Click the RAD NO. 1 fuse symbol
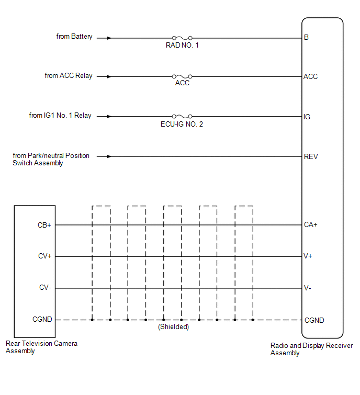[182, 38]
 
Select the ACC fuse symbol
[182, 76]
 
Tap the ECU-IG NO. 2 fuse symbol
[182, 116]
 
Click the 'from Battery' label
[74, 37]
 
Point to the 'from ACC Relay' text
[69, 76]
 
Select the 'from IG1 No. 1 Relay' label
[60, 116]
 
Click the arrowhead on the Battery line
[109, 38]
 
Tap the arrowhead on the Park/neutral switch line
[109, 156]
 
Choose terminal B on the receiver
[306, 37]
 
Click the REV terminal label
[311, 156]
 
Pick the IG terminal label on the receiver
[307, 117]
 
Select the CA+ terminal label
[311, 224]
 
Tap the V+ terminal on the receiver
[308, 256]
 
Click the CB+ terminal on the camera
[44, 225]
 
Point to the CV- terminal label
[45, 287]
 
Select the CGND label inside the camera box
[42, 320]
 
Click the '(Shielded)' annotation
[173, 327]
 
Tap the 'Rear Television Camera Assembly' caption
[41, 347]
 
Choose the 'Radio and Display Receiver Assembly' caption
[312, 349]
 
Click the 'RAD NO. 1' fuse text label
[182, 45]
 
